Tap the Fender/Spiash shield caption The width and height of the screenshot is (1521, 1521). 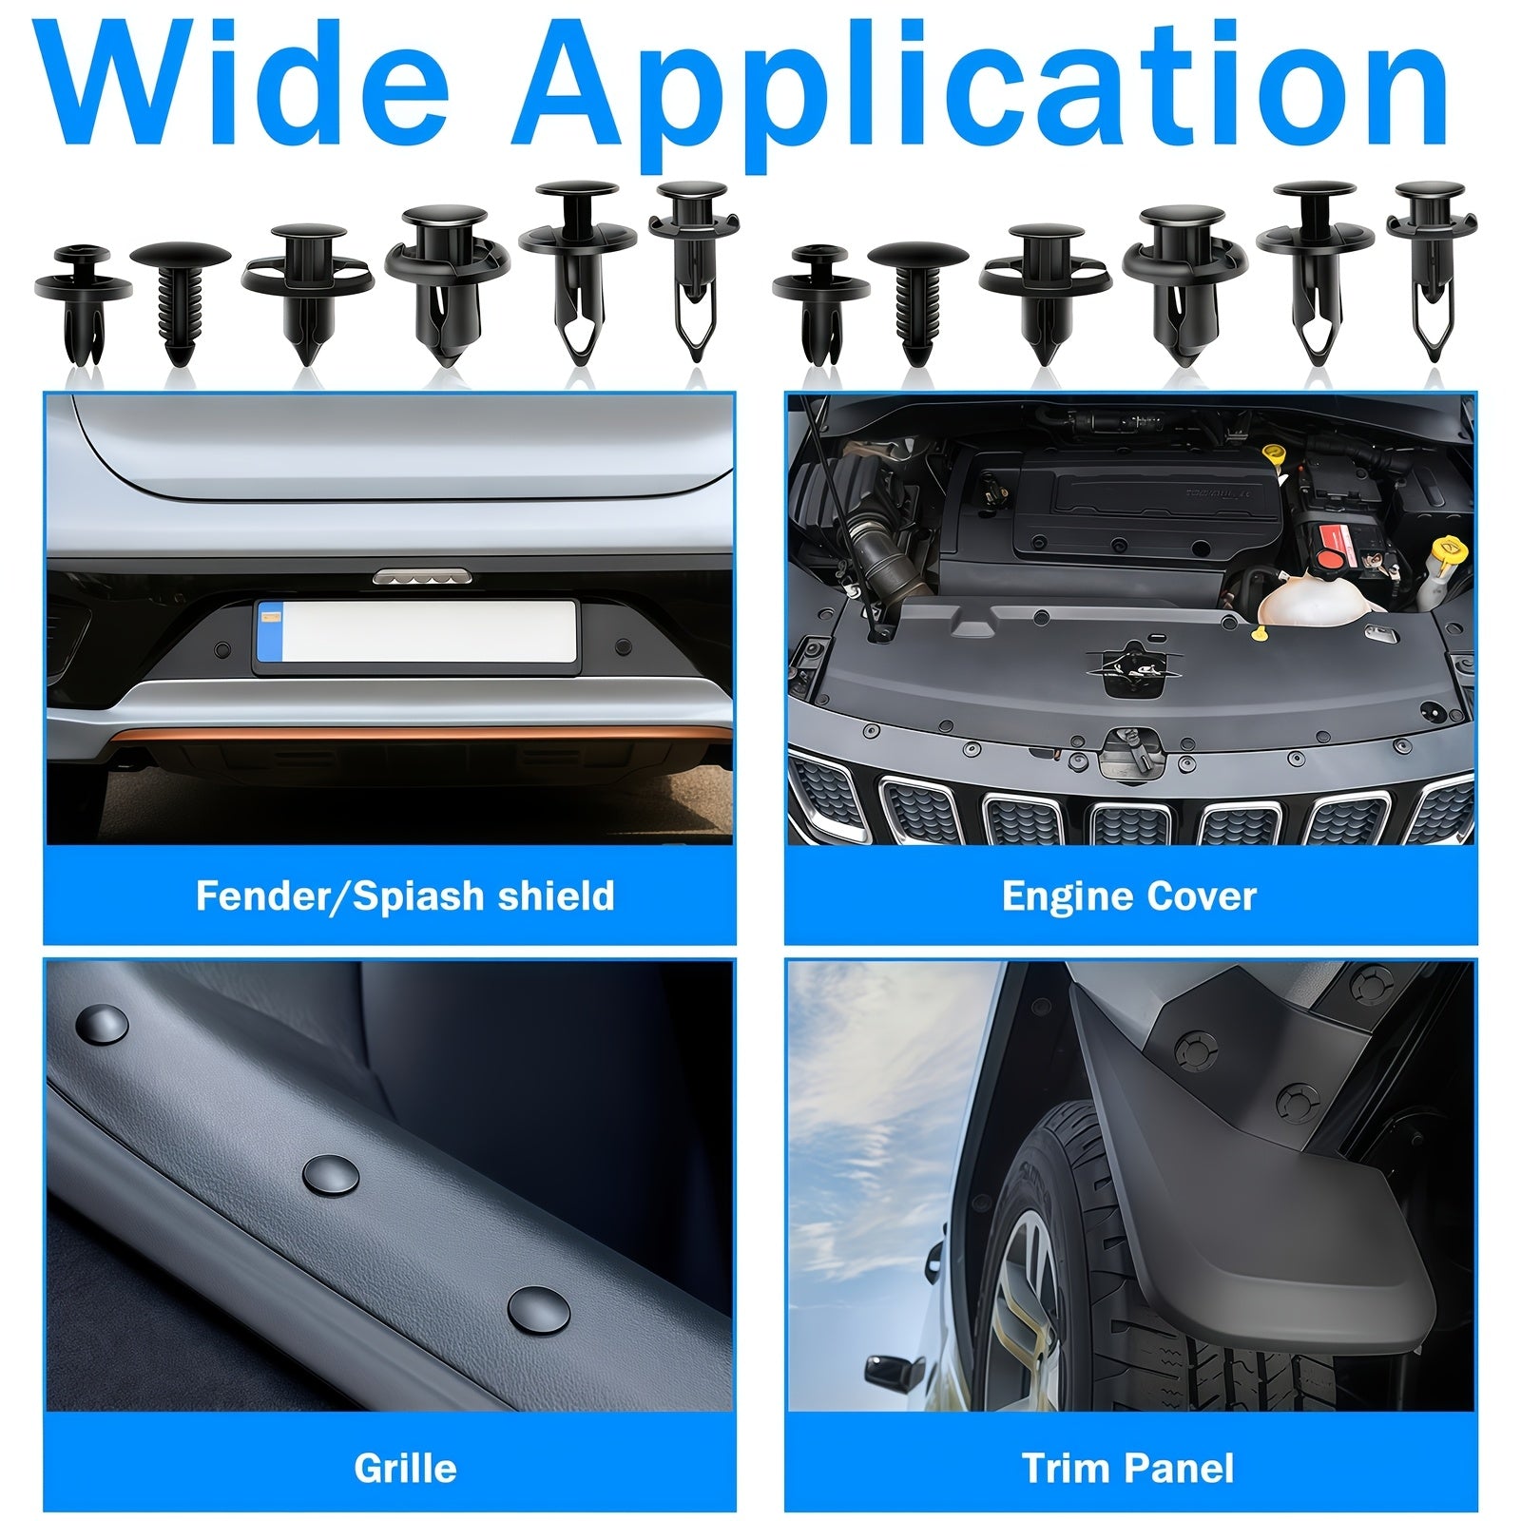click(405, 896)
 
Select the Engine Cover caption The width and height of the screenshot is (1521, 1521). click(1129, 896)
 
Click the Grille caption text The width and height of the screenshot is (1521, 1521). click(405, 1469)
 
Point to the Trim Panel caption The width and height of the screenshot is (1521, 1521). click(1128, 1469)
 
